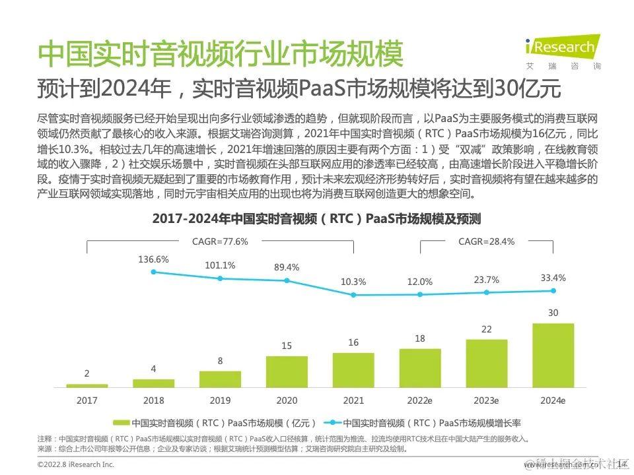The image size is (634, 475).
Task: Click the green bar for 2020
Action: [x=287, y=371]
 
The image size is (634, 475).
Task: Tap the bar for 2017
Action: [x=87, y=385]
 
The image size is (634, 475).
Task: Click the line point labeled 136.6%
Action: [x=153, y=271]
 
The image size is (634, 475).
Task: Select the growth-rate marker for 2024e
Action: [x=553, y=290]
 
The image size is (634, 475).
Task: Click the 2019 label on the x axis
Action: [x=220, y=400]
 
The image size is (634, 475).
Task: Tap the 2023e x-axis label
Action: [x=486, y=400]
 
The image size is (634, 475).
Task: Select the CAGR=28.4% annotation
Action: [x=486, y=241]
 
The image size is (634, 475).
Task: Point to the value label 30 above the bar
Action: [x=553, y=313]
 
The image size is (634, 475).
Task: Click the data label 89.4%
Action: [x=287, y=267]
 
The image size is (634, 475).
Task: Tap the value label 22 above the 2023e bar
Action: [x=486, y=329]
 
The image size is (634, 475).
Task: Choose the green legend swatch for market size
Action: [x=121, y=423]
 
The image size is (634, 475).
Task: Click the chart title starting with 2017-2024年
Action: [x=316, y=218]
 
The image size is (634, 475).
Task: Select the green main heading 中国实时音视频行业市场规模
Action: [x=220, y=55]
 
